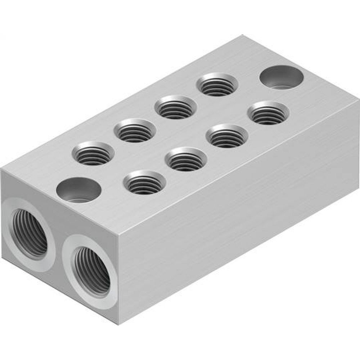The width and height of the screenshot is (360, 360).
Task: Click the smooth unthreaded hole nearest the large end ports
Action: point(79,190)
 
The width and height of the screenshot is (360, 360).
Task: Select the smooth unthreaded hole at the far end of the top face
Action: point(281,77)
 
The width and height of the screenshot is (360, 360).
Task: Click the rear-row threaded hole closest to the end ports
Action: point(93,153)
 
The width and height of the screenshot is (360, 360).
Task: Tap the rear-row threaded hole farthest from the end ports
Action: point(217,85)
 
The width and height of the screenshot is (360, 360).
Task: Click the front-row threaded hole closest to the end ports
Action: point(145,182)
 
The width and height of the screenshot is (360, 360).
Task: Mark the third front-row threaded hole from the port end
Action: point(227,136)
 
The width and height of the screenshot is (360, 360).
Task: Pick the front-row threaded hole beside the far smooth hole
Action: point(268,113)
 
